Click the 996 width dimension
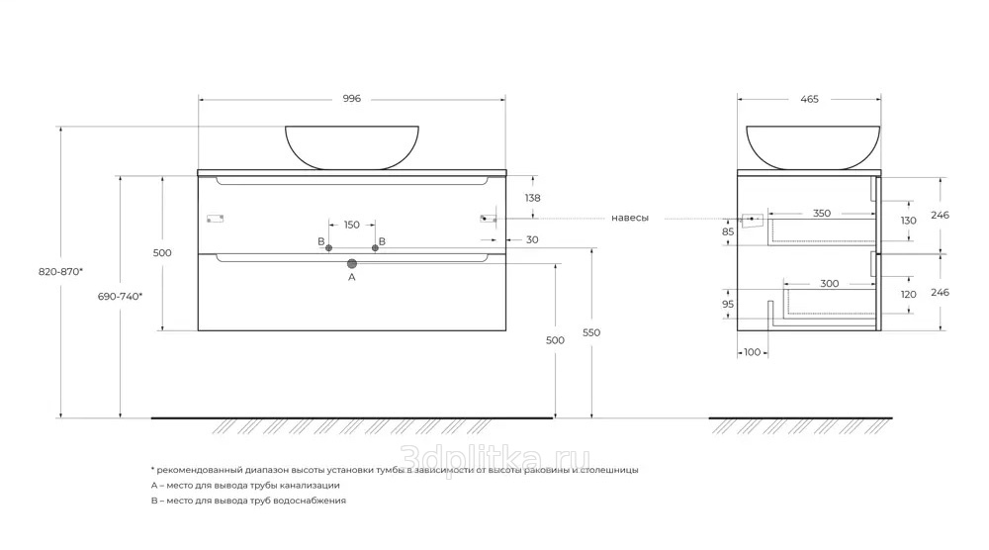pyautogui.click(x=351, y=99)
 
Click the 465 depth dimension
pyautogui.click(x=810, y=99)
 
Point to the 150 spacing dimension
pyautogui.click(x=351, y=225)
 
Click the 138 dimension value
pyautogui.click(x=533, y=199)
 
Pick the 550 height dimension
pyautogui.click(x=591, y=332)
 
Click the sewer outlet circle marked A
pyautogui.click(x=351, y=264)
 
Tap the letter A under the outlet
pyautogui.click(x=351, y=278)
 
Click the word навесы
pyautogui.click(x=630, y=218)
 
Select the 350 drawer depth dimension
pyautogui.click(x=821, y=213)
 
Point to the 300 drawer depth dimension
pyautogui.click(x=829, y=284)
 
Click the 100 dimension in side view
pyautogui.click(x=752, y=352)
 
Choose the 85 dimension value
pyautogui.click(x=728, y=232)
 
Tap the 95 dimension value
pyautogui.click(x=728, y=305)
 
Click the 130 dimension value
pyautogui.click(x=909, y=220)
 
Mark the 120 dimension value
pyautogui.click(x=909, y=295)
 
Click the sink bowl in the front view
pyautogui.click(x=351, y=145)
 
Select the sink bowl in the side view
pyautogui.click(x=812, y=145)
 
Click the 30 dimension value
pyautogui.click(x=532, y=239)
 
